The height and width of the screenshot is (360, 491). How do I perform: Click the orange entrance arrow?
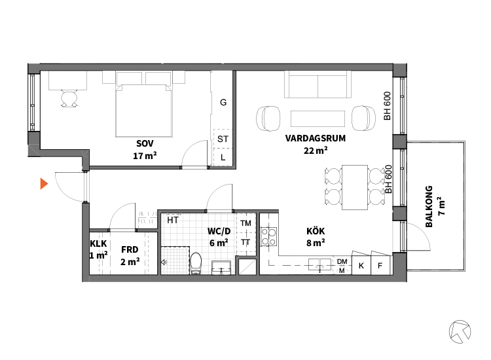pyautogui.click(x=44, y=183)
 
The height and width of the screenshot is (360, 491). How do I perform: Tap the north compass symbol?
pyautogui.click(x=460, y=331)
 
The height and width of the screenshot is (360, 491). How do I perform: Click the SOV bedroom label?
pyautogui.click(x=145, y=144)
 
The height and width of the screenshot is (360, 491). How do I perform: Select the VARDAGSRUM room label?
pyautogui.click(x=316, y=138)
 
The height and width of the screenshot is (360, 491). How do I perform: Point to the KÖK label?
pyautogui.click(x=316, y=231)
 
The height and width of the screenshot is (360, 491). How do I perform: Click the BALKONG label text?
pyautogui.click(x=429, y=207)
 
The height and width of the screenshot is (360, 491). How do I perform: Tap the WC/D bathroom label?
pyautogui.click(x=219, y=231)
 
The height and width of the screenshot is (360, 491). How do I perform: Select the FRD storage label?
pyautogui.click(x=130, y=249)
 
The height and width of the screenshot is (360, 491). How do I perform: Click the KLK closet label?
pyautogui.click(x=98, y=243)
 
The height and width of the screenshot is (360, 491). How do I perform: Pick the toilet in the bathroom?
pyautogui.click(x=196, y=264)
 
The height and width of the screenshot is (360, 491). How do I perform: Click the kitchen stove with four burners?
pyautogui.click(x=269, y=236)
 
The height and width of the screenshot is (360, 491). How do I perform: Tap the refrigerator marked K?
pyautogui.click(x=361, y=266)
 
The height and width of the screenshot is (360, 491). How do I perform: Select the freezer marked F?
pyautogui.click(x=380, y=266)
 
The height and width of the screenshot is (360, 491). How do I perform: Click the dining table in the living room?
pyautogui.click(x=354, y=187)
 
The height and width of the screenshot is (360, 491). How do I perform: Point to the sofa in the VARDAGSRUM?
pyautogui.click(x=318, y=84)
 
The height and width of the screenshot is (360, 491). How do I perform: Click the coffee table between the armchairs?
pyautogui.click(x=318, y=118)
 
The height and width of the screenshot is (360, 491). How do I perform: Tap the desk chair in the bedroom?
pyautogui.click(x=69, y=99)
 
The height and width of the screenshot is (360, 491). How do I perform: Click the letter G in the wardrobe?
pyautogui.click(x=223, y=102)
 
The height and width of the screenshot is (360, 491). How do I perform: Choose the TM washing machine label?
pyautogui.click(x=245, y=223)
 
